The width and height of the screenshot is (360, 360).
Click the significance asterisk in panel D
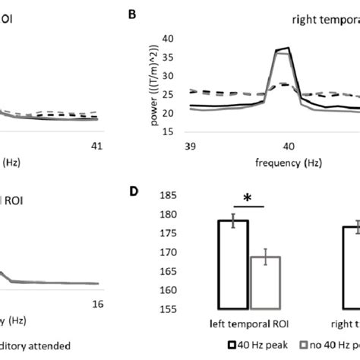pyautogui.click(x=247, y=199)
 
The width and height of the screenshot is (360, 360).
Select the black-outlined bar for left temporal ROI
pyautogui.click(x=233, y=265)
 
